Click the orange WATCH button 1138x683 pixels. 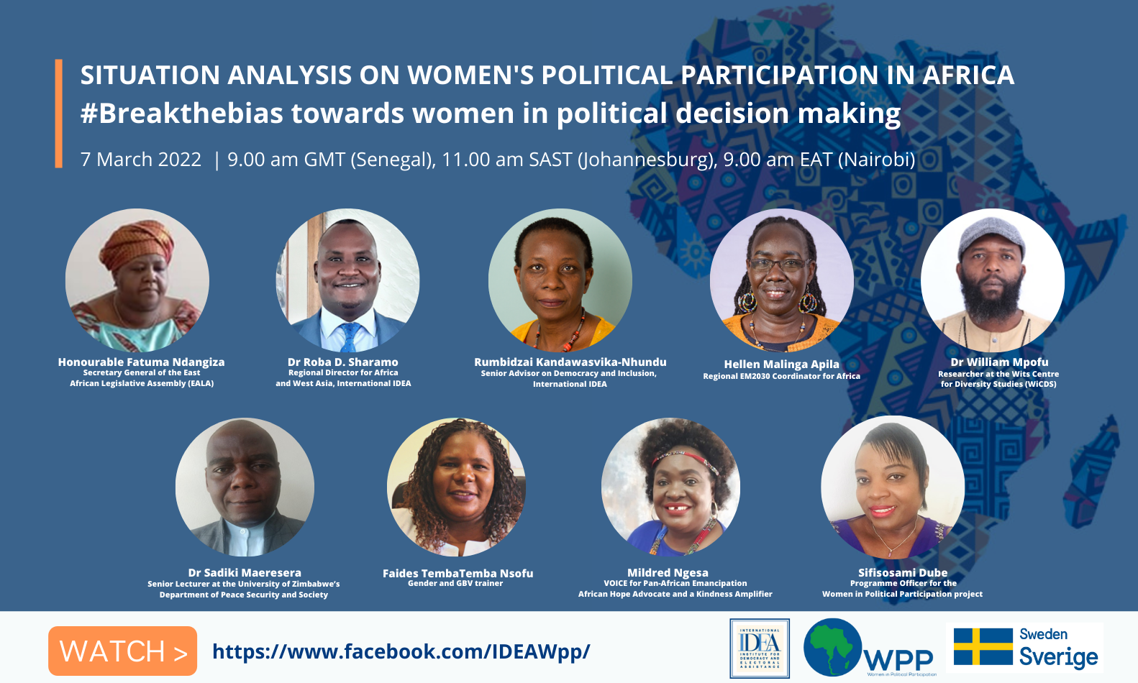(x=122, y=651)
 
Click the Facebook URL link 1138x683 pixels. (x=401, y=651)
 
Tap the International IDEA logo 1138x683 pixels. (x=760, y=648)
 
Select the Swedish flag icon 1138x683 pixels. (x=983, y=646)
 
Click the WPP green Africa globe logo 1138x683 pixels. (x=832, y=647)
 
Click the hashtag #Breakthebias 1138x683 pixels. (x=181, y=114)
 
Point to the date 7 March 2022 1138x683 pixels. (x=141, y=160)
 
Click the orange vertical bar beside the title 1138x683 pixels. (x=58, y=114)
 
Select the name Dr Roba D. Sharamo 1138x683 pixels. (x=343, y=362)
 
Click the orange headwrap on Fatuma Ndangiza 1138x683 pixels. (x=137, y=244)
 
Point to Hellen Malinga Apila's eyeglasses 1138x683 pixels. (x=778, y=264)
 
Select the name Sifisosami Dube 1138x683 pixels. (x=903, y=573)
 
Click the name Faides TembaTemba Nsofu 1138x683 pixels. (x=458, y=573)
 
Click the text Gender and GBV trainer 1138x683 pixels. (x=455, y=584)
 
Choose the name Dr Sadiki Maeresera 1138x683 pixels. (x=245, y=573)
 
